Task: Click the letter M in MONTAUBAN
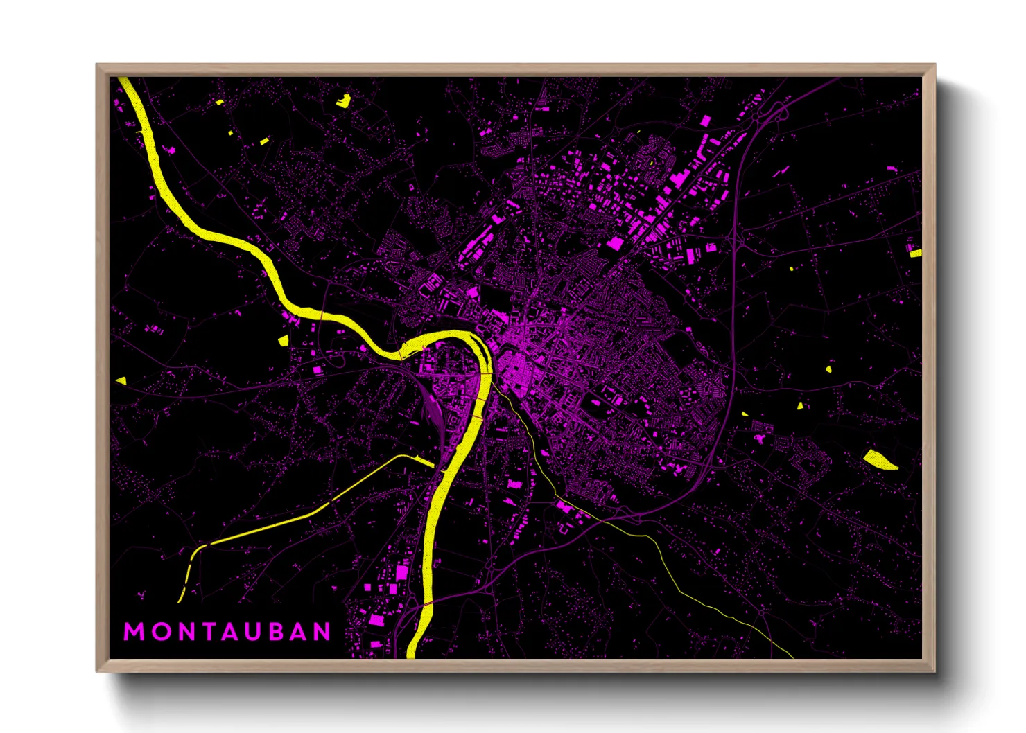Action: [x=134, y=632]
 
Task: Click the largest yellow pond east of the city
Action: [x=879, y=460]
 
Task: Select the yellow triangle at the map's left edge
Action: [x=121, y=380]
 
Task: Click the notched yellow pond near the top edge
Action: [x=343, y=100]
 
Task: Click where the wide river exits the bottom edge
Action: [x=410, y=654]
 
